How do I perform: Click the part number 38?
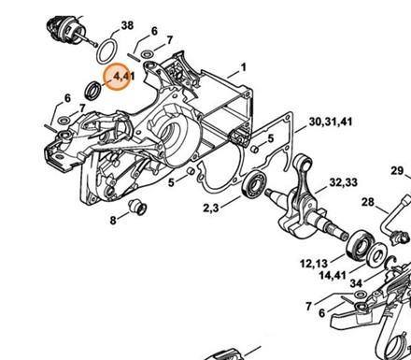point(127,25)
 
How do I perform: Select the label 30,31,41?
point(331,122)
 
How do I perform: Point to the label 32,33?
point(344,182)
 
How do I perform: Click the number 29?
point(397,171)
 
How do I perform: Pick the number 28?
point(367,202)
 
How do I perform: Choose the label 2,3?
point(211,208)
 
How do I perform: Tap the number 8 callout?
point(113,221)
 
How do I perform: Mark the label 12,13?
point(314,264)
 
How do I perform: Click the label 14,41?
point(333,275)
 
